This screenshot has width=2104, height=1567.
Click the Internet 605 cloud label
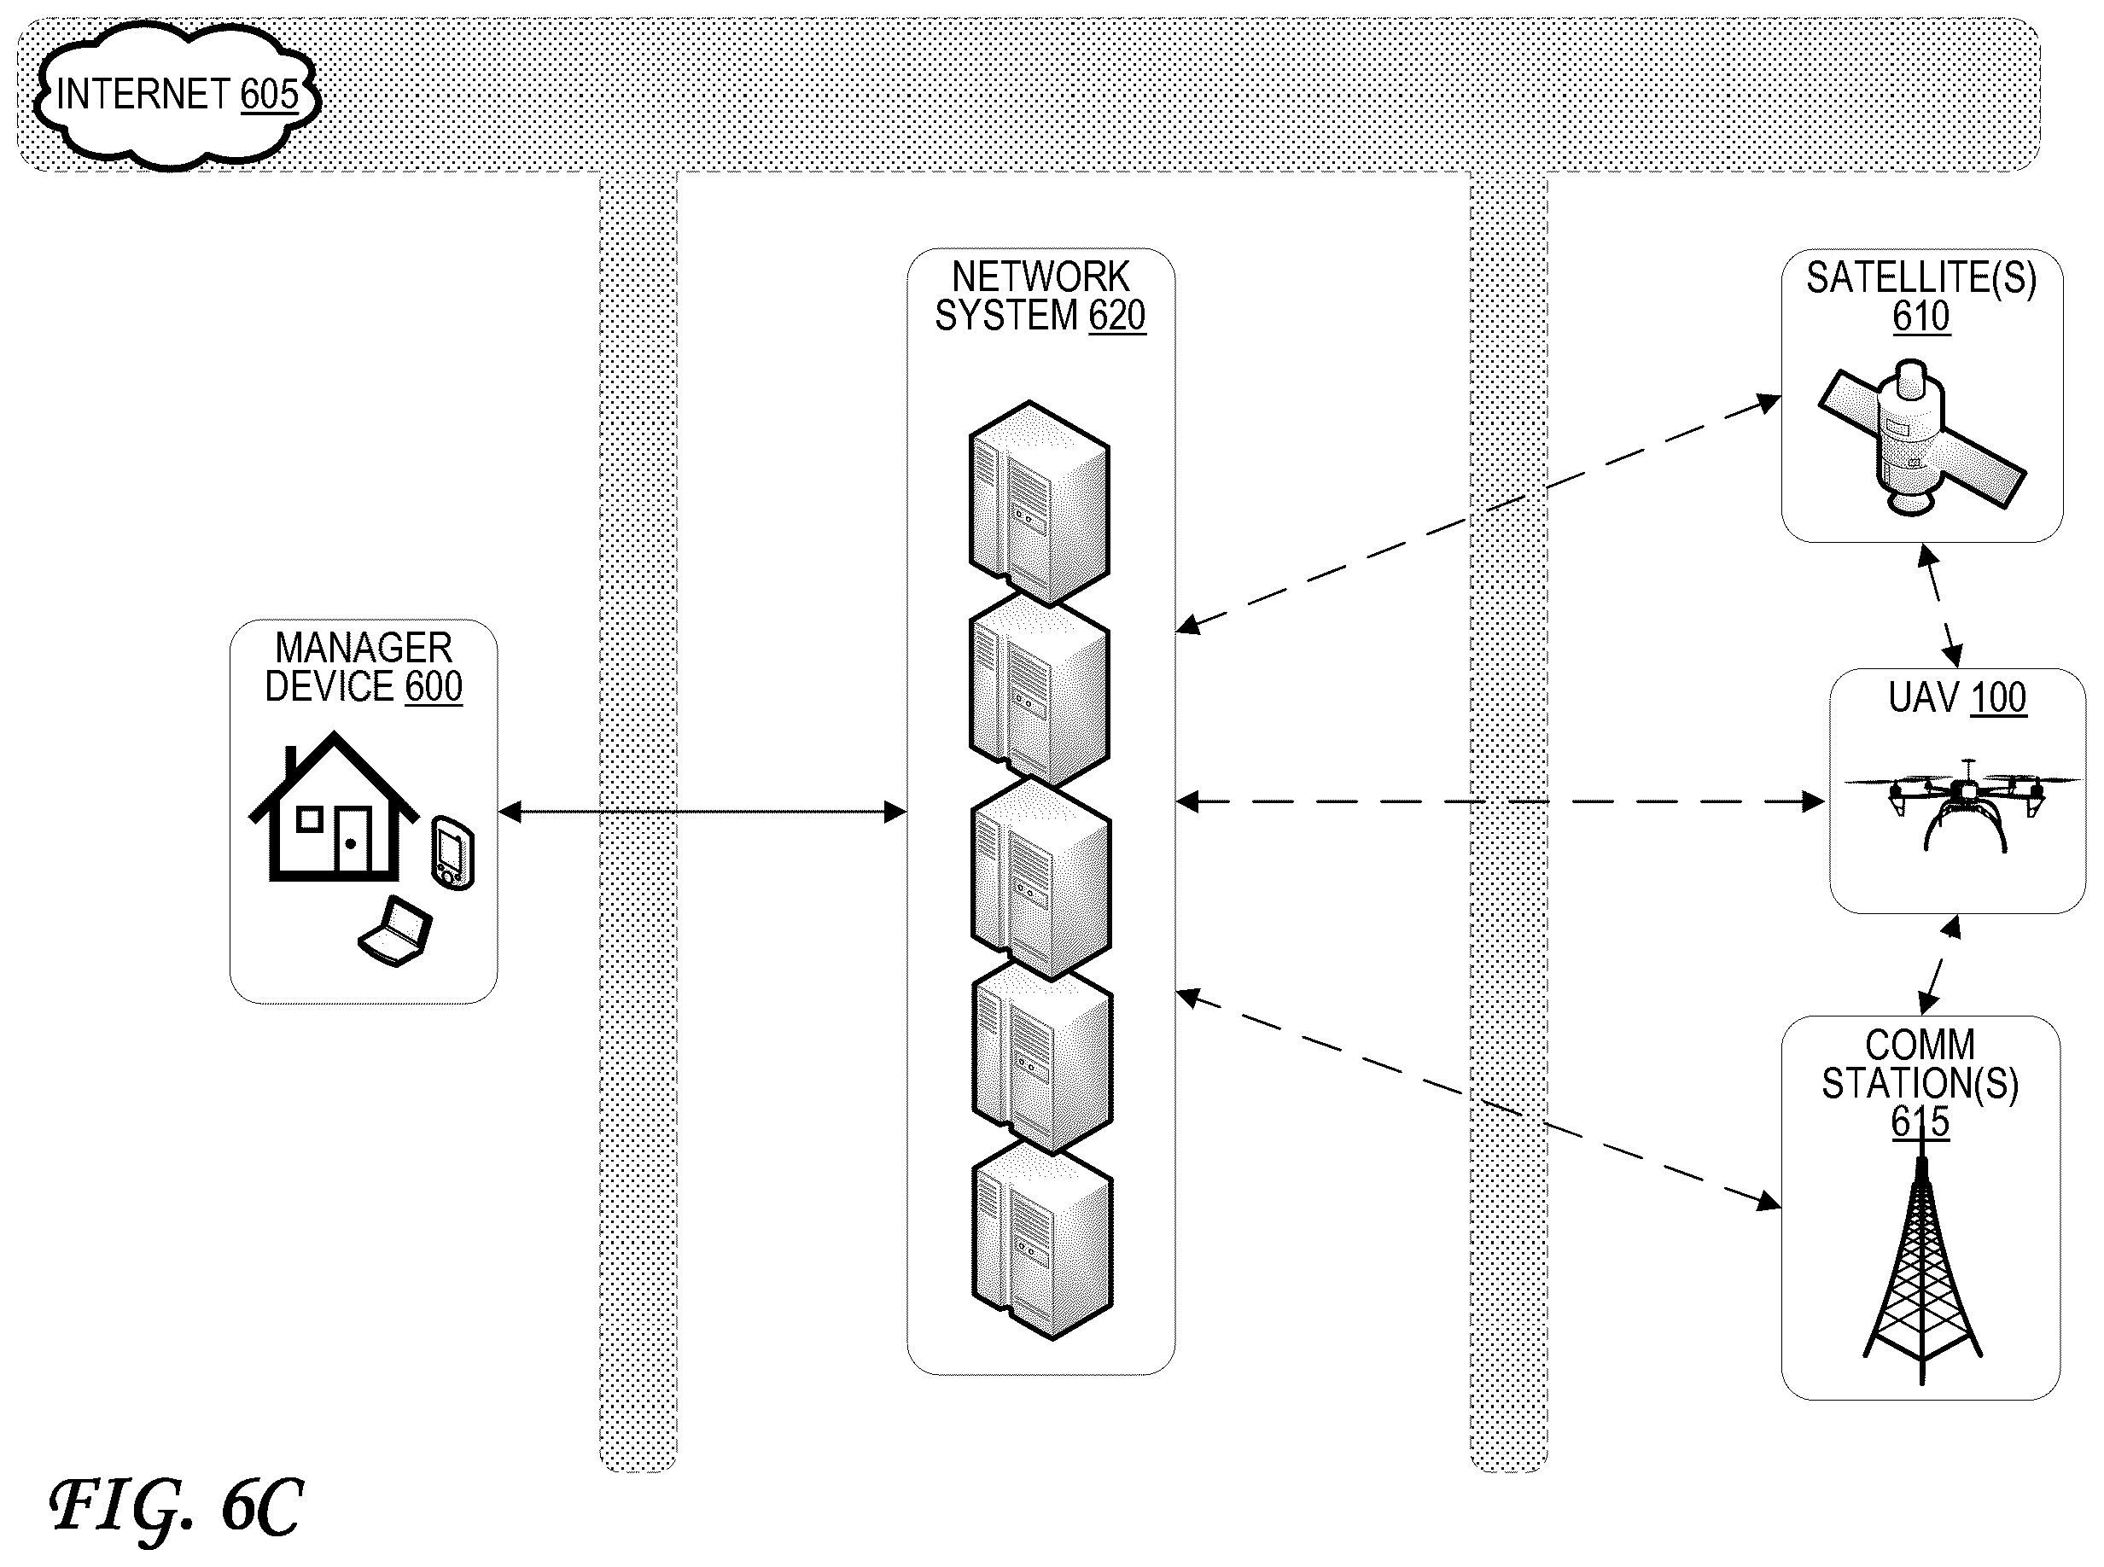click(178, 95)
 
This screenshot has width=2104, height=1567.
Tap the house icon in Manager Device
click(333, 807)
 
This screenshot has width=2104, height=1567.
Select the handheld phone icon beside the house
click(453, 853)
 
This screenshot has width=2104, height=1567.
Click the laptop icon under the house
click(395, 931)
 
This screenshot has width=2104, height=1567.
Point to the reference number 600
click(434, 686)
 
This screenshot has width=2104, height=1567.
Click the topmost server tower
click(1039, 503)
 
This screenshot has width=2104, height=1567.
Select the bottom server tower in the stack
click(1041, 1241)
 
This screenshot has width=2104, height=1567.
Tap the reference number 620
click(1116, 315)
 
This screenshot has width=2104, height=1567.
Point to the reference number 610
click(1921, 316)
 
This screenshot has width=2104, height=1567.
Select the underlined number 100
click(1999, 698)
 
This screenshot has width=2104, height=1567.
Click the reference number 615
click(1920, 1122)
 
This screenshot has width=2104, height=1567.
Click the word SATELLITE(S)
click(1921, 278)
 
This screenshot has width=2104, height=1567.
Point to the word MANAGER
click(364, 648)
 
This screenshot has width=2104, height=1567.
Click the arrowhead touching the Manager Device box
click(510, 811)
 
